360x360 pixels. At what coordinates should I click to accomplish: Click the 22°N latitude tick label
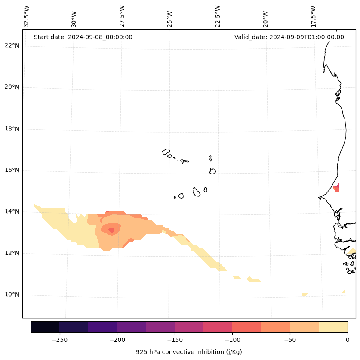pyautogui.click(x=12, y=46)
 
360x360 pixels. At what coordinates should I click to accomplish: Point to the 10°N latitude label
pyautogui.click(x=12, y=295)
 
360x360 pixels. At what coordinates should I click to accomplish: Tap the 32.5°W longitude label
pyautogui.click(x=27, y=16)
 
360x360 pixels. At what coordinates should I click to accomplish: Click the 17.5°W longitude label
pyautogui.click(x=314, y=16)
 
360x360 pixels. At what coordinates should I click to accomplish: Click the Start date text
pyautogui.click(x=83, y=37)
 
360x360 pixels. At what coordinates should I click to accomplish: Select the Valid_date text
pyautogui.click(x=289, y=37)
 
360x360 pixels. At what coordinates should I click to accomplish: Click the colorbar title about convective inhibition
pyautogui.click(x=189, y=352)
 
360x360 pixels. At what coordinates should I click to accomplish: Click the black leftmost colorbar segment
pyautogui.click(x=45, y=327)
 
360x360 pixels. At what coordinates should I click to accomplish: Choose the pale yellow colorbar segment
pyautogui.click(x=333, y=327)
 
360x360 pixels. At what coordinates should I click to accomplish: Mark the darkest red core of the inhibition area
pyautogui.click(x=112, y=230)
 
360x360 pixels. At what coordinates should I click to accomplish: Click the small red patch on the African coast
pyautogui.click(x=337, y=188)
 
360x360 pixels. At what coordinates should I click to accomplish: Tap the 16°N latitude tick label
pyautogui.click(x=12, y=171)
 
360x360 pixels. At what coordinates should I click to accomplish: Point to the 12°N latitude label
pyautogui.click(x=12, y=253)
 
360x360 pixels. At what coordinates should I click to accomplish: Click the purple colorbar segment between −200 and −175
pyautogui.click(x=131, y=327)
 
